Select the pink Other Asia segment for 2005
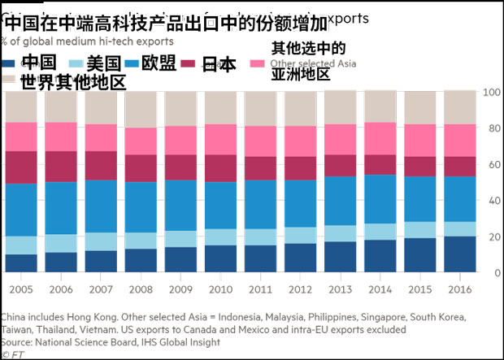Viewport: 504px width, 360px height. (x=22, y=137)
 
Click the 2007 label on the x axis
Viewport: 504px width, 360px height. (x=102, y=288)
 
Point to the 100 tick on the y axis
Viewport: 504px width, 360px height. (x=490, y=92)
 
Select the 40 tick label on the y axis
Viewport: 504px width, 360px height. (x=490, y=200)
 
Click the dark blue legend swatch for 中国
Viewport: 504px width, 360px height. (x=9, y=63)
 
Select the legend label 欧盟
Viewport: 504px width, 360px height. (x=159, y=63)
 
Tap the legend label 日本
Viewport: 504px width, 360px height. (x=219, y=63)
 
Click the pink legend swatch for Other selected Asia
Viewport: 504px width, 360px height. (x=259, y=63)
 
